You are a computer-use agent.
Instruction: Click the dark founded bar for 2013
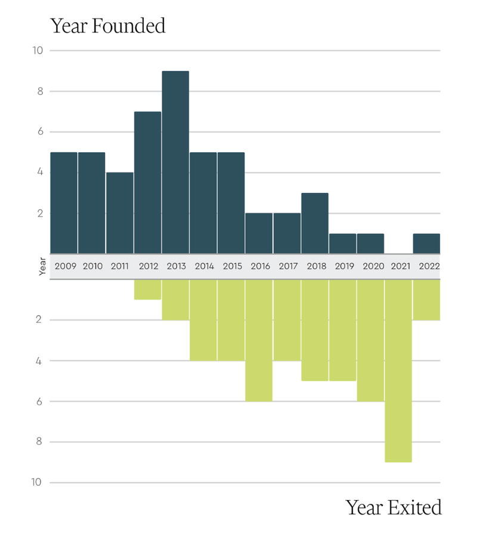coord(175,162)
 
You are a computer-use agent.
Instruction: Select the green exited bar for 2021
coord(398,370)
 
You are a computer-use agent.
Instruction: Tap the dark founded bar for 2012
coord(147,183)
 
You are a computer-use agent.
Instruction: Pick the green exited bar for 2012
coord(147,289)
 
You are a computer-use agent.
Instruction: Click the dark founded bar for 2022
coord(426,244)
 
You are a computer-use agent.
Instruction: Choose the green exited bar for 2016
coord(259,340)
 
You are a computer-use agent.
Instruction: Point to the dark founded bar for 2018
coord(315,223)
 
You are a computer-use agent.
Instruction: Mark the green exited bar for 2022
coord(426,300)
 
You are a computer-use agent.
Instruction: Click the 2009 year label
coord(65,266)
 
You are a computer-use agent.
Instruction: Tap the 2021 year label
coord(400,266)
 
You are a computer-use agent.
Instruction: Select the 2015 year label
coord(232,266)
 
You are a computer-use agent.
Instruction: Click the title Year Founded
coord(107,26)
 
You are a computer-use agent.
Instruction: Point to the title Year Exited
coord(394,507)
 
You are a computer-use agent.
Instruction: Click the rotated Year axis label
coord(42,266)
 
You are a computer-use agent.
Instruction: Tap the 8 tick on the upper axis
coord(39,91)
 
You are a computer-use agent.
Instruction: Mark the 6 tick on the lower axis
coord(39,401)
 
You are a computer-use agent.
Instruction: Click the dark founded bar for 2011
coord(119,213)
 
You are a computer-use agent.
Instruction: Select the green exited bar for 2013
coord(175,300)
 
